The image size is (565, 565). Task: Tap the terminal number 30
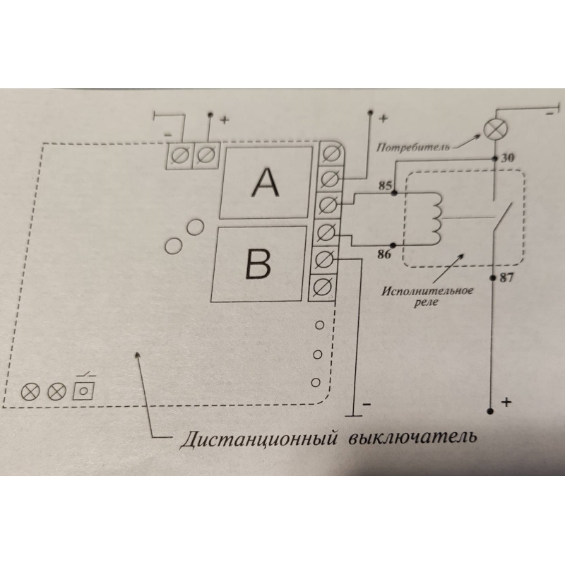pyautogui.click(x=505, y=158)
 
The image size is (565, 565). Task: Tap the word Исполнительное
pyautogui.click(x=427, y=290)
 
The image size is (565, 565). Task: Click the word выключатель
pyautogui.click(x=412, y=437)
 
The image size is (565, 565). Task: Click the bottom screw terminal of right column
pyautogui.click(x=323, y=287)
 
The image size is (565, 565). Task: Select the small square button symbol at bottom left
pyautogui.click(x=85, y=390)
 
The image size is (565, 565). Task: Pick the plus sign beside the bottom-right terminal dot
pyautogui.click(x=506, y=403)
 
